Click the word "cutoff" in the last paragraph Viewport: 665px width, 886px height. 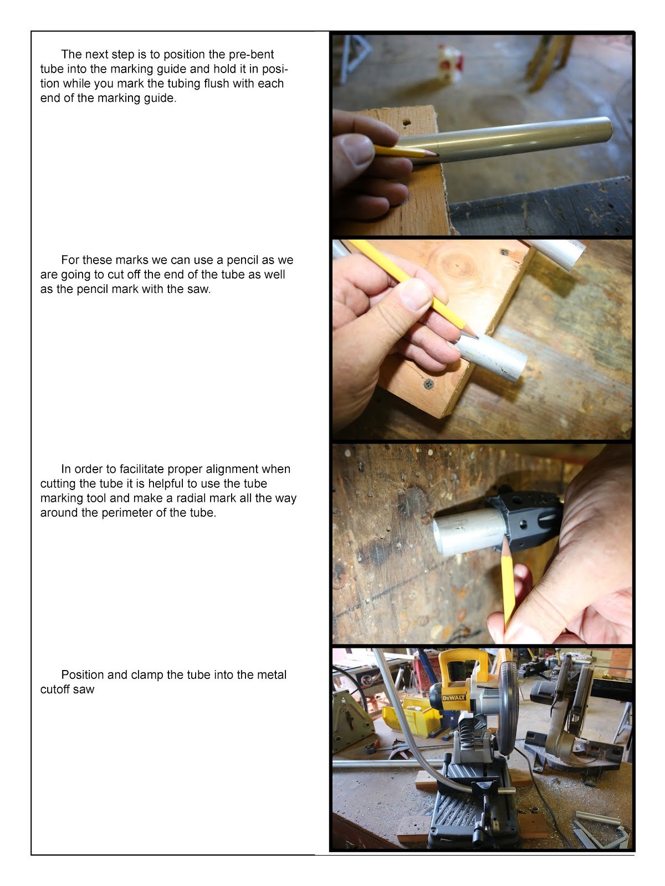pyautogui.click(x=55, y=689)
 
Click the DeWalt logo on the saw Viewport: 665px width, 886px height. pyautogui.click(x=454, y=698)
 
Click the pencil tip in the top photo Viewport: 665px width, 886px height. pyautogui.click(x=437, y=154)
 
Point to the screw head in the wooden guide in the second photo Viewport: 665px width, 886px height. pyautogui.click(x=429, y=384)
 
